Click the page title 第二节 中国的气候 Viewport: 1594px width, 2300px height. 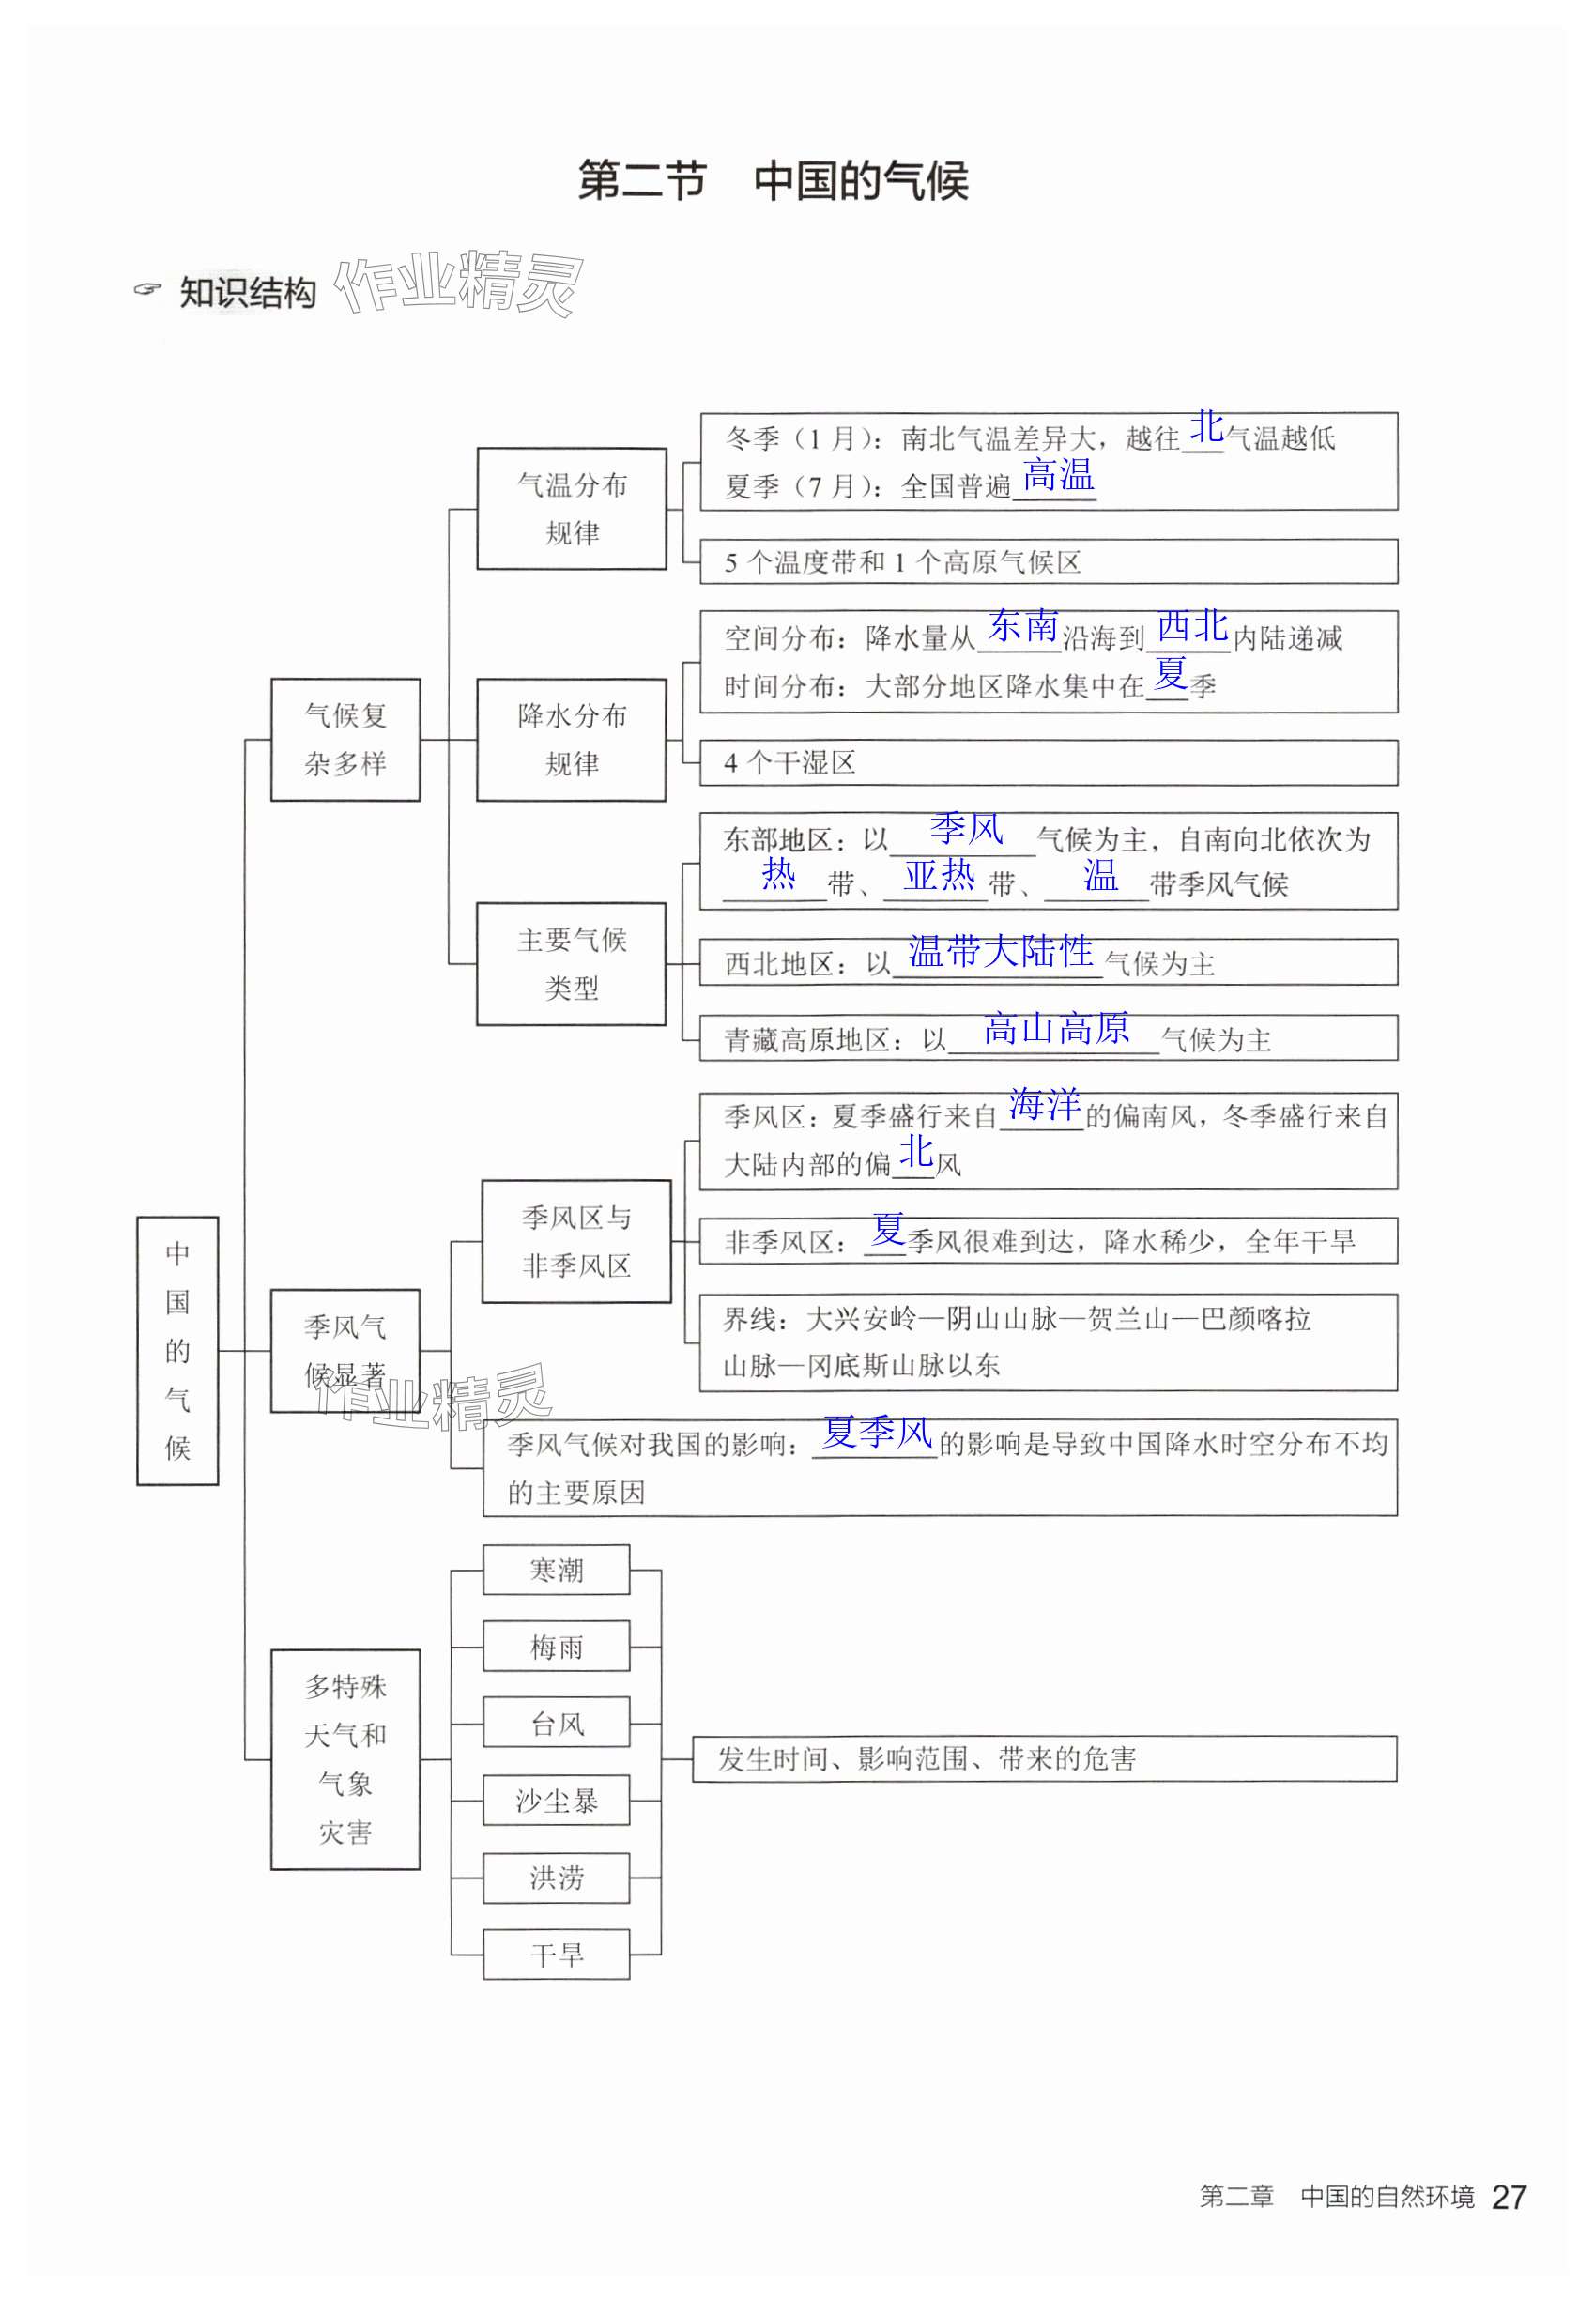click(x=772, y=181)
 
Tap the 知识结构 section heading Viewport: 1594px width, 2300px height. click(x=247, y=293)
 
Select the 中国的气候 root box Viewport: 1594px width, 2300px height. click(x=177, y=1349)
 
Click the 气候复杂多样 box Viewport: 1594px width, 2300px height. click(x=345, y=739)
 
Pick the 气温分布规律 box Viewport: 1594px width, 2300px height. click(x=572, y=508)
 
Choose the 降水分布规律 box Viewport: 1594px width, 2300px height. click(x=572, y=739)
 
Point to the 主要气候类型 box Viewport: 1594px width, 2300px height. click(x=572, y=963)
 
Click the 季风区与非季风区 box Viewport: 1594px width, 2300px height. click(x=576, y=1240)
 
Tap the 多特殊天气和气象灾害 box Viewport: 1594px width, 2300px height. click(x=345, y=1758)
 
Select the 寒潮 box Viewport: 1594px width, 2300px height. click(x=557, y=1570)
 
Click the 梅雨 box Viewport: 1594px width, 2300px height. click(x=557, y=1646)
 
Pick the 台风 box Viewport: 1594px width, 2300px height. click(x=557, y=1723)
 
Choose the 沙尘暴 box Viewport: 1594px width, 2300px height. click(x=557, y=1800)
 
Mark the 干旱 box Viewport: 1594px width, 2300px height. click(x=557, y=1954)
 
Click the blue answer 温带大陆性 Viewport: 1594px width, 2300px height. click(x=1000, y=951)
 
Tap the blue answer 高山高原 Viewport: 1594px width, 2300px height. click(x=1056, y=1028)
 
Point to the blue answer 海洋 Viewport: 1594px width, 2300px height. click(x=1044, y=1104)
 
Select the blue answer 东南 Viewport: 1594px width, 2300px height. click(x=1021, y=626)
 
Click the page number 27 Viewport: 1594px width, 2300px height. click(x=1509, y=2197)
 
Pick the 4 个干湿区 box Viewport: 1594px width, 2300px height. click(x=1047, y=762)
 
